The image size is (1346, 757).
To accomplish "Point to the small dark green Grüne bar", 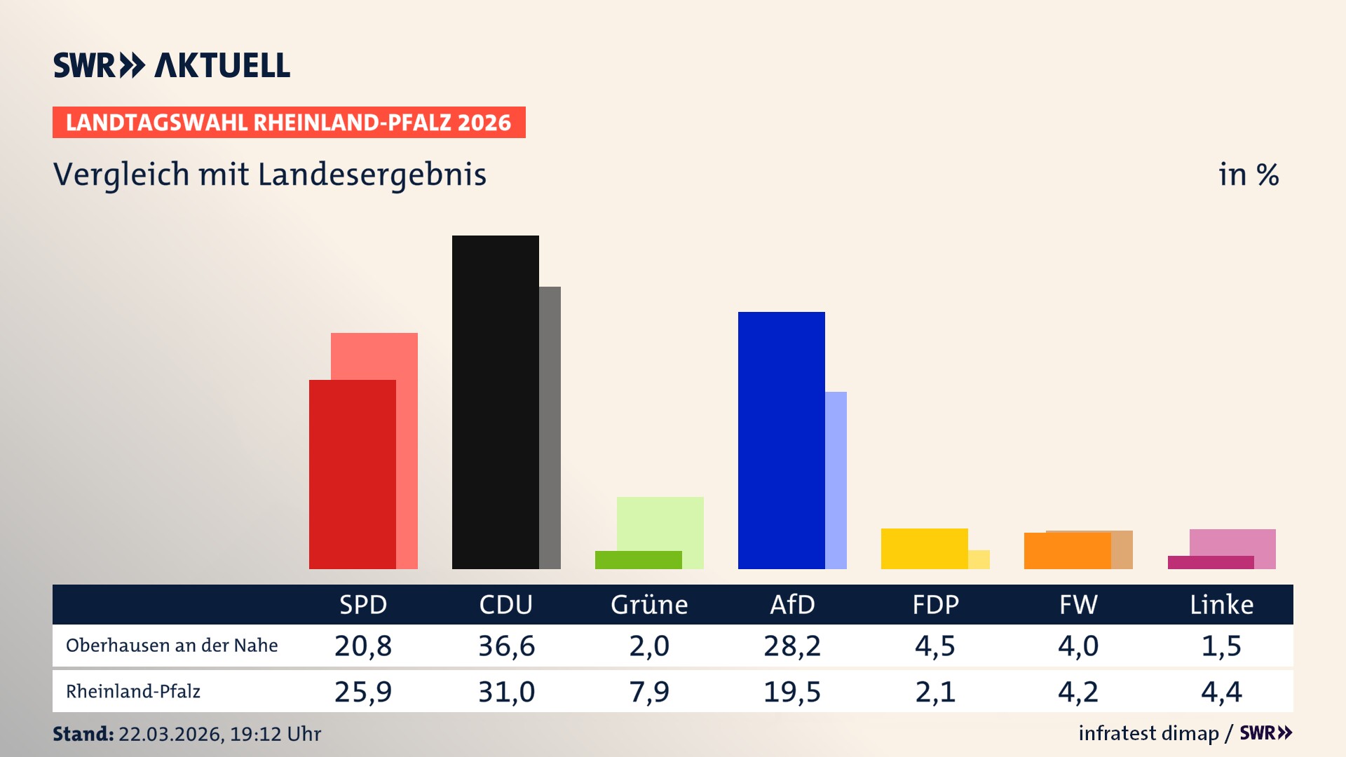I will pyautogui.click(x=638, y=559).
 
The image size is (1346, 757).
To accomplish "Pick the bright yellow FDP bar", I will pyautogui.click(x=924, y=548).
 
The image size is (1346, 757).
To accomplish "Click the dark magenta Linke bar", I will pyautogui.click(x=1211, y=562).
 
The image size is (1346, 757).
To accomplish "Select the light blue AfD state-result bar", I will pyautogui.click(x=836, y=480).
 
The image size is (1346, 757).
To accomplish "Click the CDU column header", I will pyautogui.click(x=505, y=604).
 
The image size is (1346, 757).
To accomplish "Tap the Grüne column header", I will pyautogui.click(x=649, y=604).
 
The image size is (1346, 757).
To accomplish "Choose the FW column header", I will pyautogui.click(x=1078, y=604).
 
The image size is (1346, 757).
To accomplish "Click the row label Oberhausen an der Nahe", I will pyautogui.click(x=172, y=646).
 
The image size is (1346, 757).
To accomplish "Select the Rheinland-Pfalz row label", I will pyautogui.click(x=133, y=692).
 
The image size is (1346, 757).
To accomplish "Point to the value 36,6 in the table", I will pyautogui.click(x=506, y=646).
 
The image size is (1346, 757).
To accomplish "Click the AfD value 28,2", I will pyautogui.click(x=792, y=646).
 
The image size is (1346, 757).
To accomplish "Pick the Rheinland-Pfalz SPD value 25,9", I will pyautogui.click(x=363, y=692).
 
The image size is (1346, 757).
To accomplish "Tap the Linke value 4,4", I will pyautogui.click(x=1221, y=692).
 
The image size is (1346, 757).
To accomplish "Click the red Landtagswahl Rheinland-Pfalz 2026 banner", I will pyautogui.click(x=289, y=122).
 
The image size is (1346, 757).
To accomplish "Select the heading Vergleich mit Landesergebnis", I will pyautogui.click(x=270, y=175).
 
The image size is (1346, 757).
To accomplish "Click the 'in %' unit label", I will pyautogui.click(x=1249, y=175).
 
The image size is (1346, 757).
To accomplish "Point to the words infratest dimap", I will pyautogui.click(x=1148, y=733).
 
